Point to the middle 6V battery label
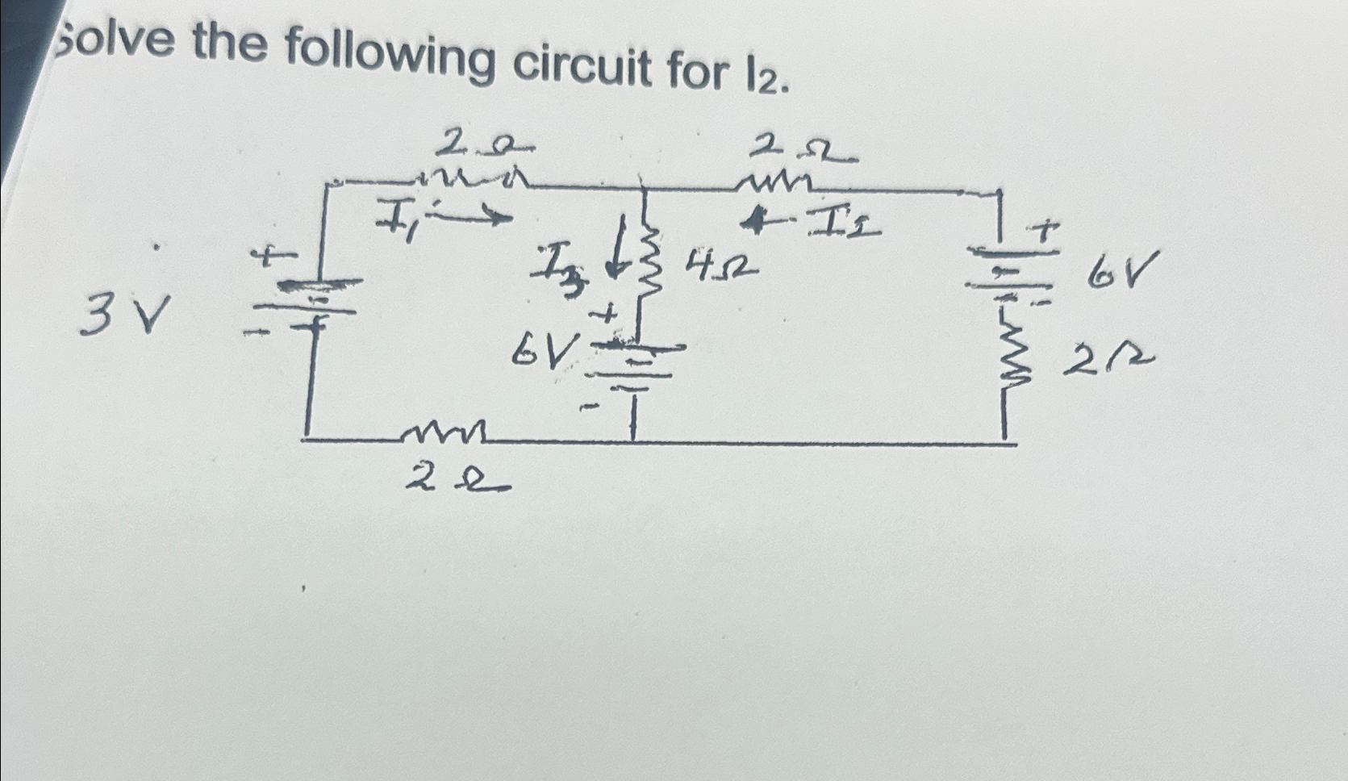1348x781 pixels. click(x=548, y=349)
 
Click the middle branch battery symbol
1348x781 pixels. click(x=634, y=363)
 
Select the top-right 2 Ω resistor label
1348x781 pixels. click(x=803, y=149)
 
